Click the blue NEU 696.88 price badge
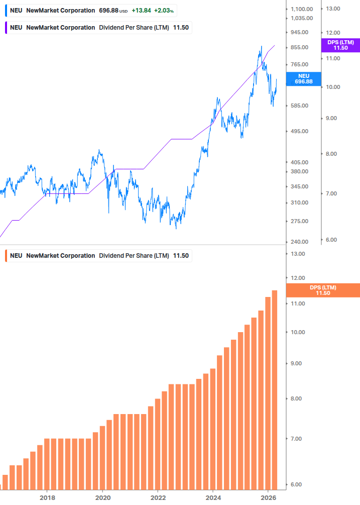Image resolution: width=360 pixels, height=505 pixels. click(x=303, y=78)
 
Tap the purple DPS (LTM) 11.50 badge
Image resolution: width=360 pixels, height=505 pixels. click(x=340, y=45)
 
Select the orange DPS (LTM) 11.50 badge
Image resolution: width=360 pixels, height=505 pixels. click(x=323, y=290)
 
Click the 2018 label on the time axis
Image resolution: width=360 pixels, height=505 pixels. click(x=47, y=498)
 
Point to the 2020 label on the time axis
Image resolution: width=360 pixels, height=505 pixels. click(x=102, y=498)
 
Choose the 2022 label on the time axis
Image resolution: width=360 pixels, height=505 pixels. click(x=158, y=498)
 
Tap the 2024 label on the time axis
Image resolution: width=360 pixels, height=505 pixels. click(x=213, y=498)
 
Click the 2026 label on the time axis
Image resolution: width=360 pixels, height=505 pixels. click(x=268, y=498)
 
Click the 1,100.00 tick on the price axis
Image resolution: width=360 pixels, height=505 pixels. click(x=302, y=9)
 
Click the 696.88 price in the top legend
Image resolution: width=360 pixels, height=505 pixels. click(x=109, y=11)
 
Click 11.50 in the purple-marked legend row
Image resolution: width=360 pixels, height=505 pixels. click(x=181, y=28)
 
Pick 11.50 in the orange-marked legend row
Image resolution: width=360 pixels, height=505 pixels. click(x=181, y=256)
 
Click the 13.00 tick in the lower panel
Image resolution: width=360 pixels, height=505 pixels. click(x=298, y=254)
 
